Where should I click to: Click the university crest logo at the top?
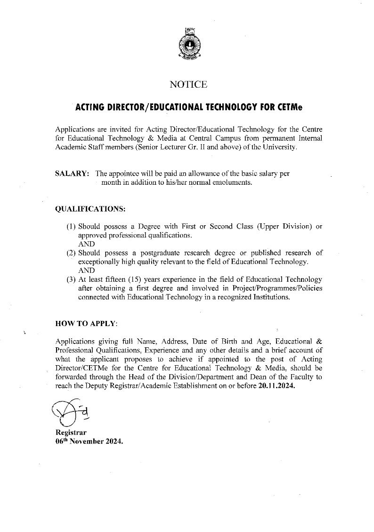point(188,45)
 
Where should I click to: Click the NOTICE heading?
point(188,85)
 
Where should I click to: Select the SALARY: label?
point(73,173)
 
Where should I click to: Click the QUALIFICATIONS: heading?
point(90,209)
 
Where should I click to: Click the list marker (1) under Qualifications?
point(71,226)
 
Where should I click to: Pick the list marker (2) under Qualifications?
point(71,253)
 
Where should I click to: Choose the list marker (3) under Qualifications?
point(71,280)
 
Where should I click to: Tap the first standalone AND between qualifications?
point(86,244)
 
